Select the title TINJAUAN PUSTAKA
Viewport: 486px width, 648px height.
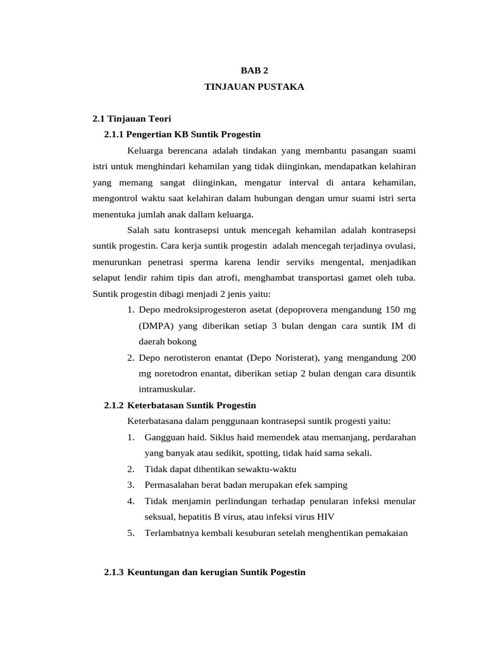point(254,87)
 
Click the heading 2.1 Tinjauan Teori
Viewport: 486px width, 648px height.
point(132,118)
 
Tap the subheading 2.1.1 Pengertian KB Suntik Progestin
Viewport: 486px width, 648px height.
point(182,135)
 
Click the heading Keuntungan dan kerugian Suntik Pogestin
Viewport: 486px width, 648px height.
point(216,572)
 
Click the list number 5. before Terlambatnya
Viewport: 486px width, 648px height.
point(130,533)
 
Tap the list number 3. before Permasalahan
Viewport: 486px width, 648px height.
point(130,485)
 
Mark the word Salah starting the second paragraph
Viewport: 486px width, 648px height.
point(139,230)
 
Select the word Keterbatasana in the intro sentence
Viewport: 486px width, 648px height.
point(155,421)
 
